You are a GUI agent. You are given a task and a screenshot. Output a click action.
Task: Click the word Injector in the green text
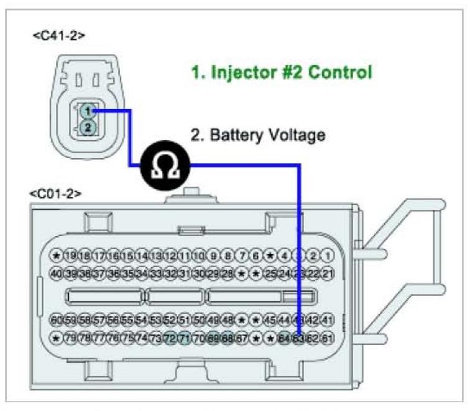[241, 72]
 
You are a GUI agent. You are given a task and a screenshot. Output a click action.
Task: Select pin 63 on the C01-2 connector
[298, 339]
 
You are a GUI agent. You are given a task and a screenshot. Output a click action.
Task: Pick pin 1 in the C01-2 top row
[328, 255]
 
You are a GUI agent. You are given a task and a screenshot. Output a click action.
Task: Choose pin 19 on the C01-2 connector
[70, 255]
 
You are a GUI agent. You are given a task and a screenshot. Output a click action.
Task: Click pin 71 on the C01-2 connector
[184, 339]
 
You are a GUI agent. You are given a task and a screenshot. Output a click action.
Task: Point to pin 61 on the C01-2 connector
[328, 339]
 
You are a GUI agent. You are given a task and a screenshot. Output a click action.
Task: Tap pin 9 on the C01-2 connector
[213, 255]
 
